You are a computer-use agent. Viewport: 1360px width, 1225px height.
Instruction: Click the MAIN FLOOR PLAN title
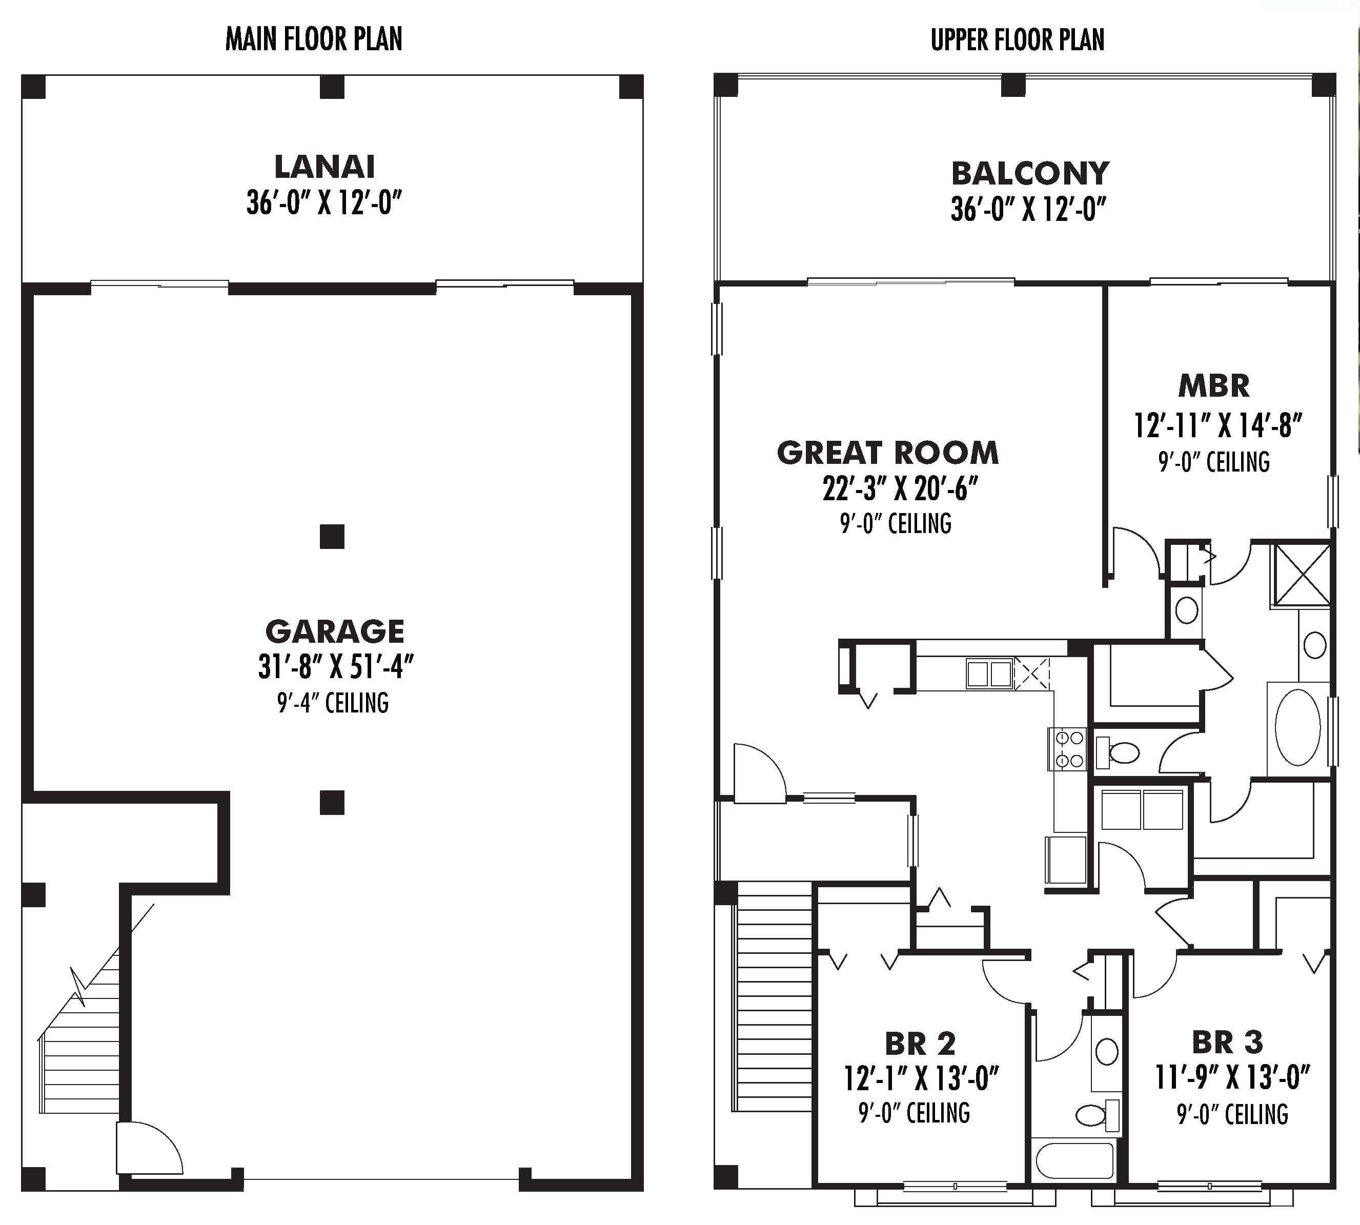(x=314, y=39)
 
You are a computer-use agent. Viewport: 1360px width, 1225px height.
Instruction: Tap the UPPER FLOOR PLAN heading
(x=1017, y=39)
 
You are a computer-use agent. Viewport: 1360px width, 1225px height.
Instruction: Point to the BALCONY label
(x=1030, y=174)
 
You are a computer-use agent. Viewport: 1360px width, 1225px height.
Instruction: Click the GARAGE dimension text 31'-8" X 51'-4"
(x=335, y=667)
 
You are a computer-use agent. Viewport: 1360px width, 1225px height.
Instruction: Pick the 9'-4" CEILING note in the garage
(x=333, y=703)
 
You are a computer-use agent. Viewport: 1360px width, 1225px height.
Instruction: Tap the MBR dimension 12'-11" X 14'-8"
(x=1218, y=425)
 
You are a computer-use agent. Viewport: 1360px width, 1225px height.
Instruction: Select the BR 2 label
(x=920, y=1044)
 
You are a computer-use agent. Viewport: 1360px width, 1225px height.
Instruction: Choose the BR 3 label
(x=1227, y=1043)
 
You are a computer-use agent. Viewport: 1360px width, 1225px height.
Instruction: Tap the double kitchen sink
(x=989, y=673)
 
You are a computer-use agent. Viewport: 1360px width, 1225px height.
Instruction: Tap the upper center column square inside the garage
(x=332, y=537)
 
